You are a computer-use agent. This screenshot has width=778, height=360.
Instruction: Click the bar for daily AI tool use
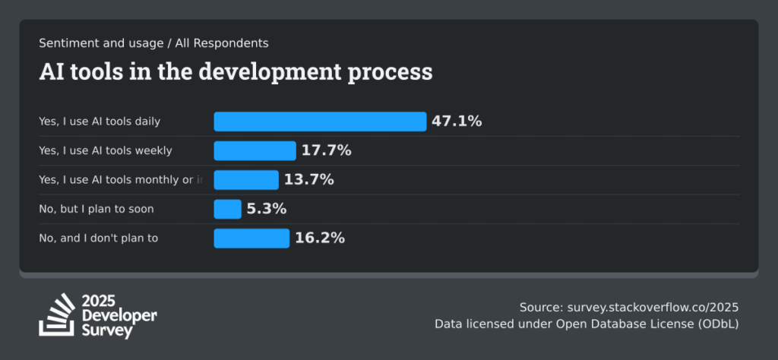coord(320,122)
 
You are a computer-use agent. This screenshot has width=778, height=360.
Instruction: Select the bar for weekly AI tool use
coord(255,150)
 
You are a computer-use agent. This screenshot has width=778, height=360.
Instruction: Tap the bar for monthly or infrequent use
coord(246,180)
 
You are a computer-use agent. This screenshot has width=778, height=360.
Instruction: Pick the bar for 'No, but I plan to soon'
coord(227,209)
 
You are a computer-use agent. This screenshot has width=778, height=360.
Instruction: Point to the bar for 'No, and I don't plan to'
coord(251,238)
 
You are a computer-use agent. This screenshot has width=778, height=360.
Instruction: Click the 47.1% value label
coord(457,122)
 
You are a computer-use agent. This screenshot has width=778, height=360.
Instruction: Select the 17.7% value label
coord(326,150)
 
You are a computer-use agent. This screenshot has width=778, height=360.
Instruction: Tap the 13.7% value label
coord(308,180)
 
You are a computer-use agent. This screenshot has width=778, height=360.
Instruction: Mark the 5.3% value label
coord(267,209)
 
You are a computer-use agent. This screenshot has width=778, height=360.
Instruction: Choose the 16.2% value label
coord(320,238)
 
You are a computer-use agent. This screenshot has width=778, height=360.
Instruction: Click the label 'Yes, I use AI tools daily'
coord(100,122)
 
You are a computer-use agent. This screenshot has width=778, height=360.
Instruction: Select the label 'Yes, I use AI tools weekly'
coord(106,150)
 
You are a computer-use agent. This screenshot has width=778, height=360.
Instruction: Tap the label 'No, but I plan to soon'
coord(96,209)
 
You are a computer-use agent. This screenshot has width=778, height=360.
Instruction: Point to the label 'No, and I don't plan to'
coord(98,238)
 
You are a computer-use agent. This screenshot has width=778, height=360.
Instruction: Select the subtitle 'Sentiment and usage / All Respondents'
coord(153,43)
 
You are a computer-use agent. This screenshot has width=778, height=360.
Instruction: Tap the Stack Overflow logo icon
coord(57,314)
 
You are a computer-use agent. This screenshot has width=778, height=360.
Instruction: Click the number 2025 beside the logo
coord(98,301)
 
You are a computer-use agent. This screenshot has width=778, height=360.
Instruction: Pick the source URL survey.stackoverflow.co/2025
coord(653,308)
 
